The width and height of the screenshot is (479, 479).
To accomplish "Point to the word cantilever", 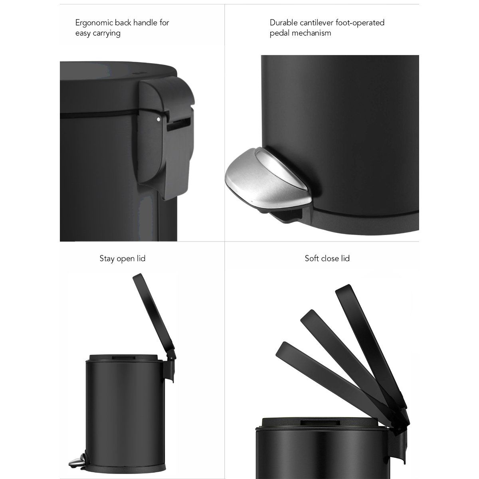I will tap(319, 23).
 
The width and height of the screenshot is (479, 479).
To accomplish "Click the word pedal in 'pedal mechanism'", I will tap(279, 33).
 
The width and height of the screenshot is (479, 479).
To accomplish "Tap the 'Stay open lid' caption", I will tap(122, 259).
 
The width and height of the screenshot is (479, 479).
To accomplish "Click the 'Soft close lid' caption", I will tap(327, 259).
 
